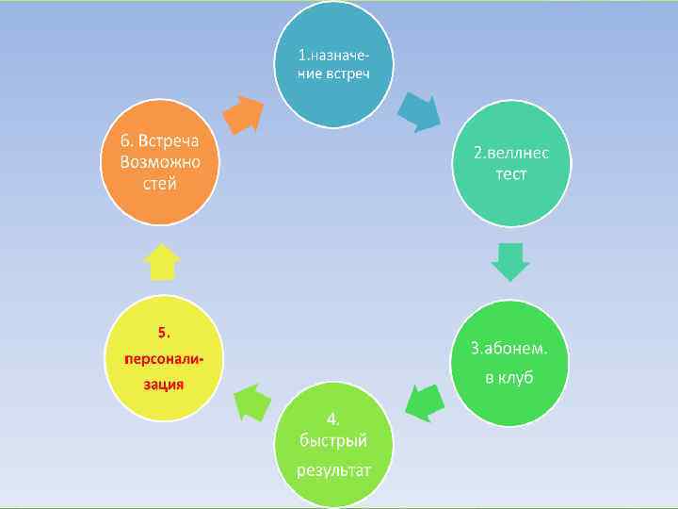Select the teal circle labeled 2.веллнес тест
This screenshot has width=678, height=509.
pos(511,168)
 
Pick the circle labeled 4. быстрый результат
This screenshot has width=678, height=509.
pos(332,441)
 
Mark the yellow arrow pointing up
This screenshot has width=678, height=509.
pos(164,262)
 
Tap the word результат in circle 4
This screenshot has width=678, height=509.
pos(333,468)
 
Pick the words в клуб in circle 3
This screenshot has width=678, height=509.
pos(509,377)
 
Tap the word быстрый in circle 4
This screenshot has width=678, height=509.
pos(333,440)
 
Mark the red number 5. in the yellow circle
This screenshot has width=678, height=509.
pos(164,332)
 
